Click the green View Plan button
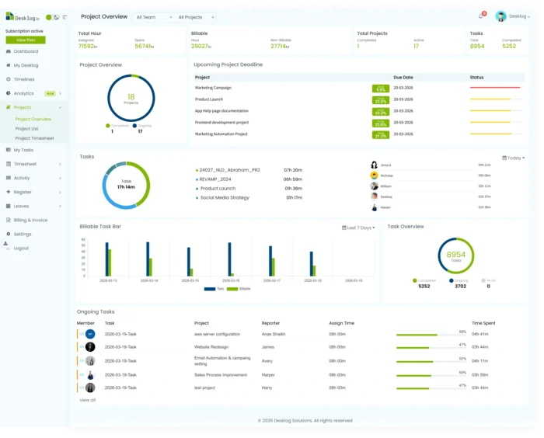(26, 40)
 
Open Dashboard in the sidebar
(26, 51)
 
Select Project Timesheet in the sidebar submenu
(35, 138)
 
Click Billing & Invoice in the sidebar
(30, 220)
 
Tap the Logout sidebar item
(21, 248)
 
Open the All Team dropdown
(153, 16)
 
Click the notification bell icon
(480, 16)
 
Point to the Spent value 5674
(144, 46)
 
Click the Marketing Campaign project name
(213, 88)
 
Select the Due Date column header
(403, 78)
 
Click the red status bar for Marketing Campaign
(495, 88)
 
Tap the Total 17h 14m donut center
(126, 186)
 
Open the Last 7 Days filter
(360, 228)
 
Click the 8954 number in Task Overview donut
(456, 255)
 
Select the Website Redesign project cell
(212, 346)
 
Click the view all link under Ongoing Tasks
(88, 400)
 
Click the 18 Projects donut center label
(131, 99)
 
